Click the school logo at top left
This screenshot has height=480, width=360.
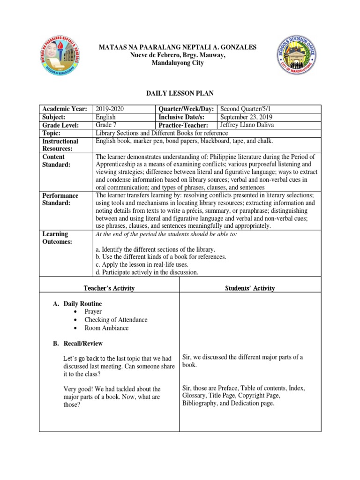tap(58, 56)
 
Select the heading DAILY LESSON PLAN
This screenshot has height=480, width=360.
tap(180, 94)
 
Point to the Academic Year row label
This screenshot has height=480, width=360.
tap(65, 109)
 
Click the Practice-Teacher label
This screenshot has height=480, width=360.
tap(182, 125)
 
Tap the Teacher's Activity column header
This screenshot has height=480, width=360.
tap(110, 288)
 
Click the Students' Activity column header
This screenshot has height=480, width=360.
tap(250, 288)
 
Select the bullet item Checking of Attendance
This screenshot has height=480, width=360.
tap(116, 320)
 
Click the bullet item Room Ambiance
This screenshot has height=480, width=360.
tap(106, 328)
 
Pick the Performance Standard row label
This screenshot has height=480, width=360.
tap(61, 199)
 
